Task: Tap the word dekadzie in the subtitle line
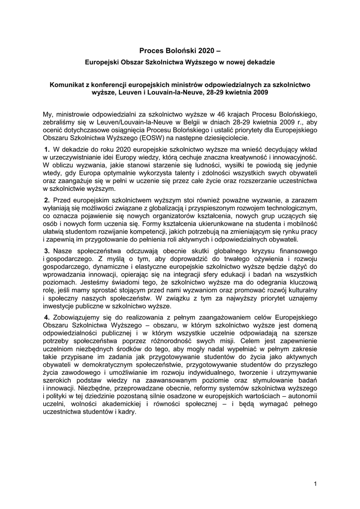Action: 259,63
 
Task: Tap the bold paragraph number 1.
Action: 47,149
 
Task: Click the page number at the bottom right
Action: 315,484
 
